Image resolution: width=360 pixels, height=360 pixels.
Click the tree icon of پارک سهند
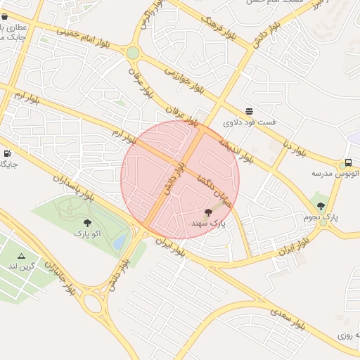coord(209,212)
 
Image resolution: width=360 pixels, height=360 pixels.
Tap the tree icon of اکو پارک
coord(87,223)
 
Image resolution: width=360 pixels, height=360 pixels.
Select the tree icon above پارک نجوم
coord(321,206)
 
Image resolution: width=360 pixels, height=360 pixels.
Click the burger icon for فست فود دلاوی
coord(249,112)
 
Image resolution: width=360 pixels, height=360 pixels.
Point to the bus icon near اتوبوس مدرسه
coord(349,162)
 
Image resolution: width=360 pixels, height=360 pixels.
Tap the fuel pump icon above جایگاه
coord(7,153)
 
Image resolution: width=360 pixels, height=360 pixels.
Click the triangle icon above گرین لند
coord(21,256)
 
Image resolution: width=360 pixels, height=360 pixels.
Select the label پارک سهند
coord(209,223)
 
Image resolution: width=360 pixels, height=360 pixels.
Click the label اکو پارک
coord(87,233)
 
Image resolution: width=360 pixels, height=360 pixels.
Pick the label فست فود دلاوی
coord(250,122)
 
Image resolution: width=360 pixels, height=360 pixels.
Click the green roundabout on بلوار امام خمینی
coord(133,53)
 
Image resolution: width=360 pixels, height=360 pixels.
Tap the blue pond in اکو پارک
coord(120,243)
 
